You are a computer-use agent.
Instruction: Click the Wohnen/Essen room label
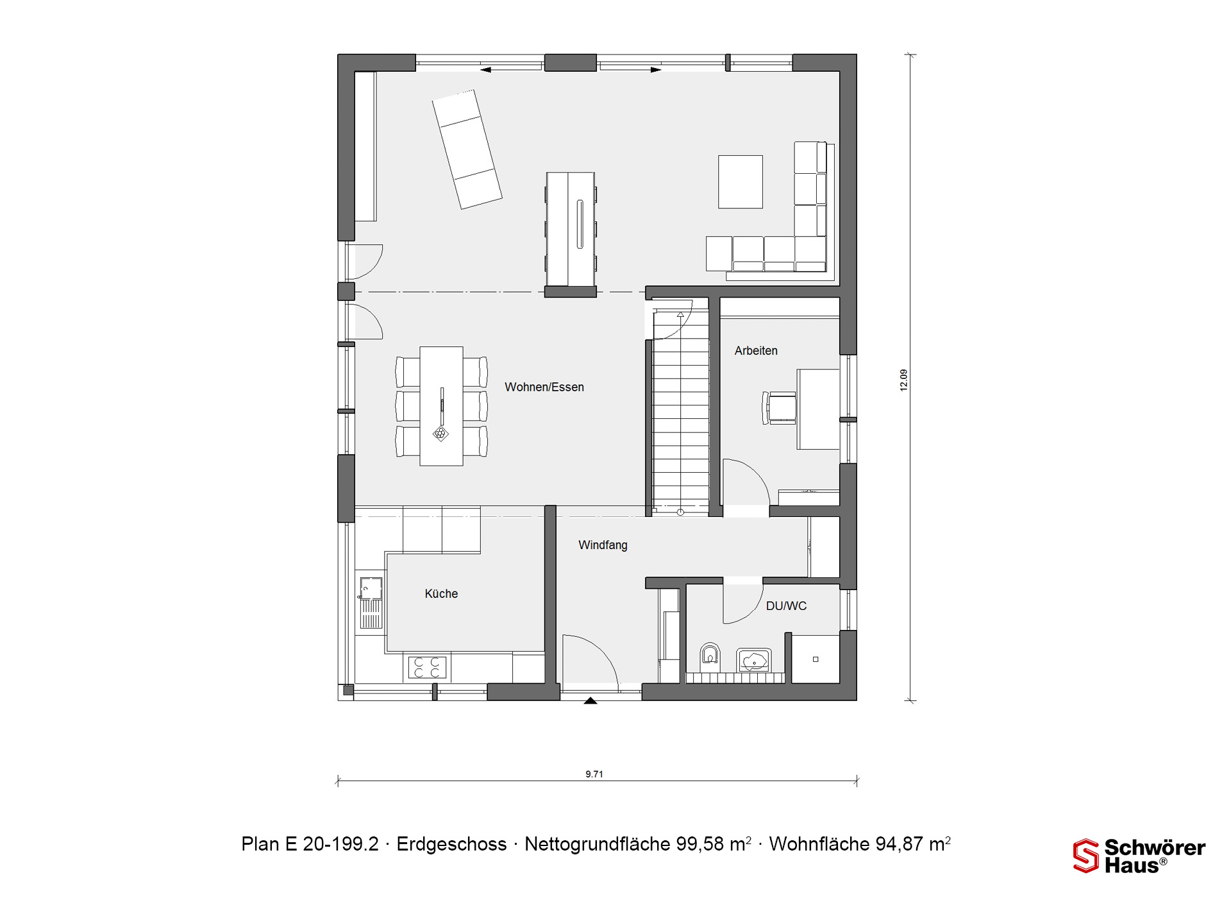(x=544, y=387)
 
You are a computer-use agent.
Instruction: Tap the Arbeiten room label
(x=756, y=351)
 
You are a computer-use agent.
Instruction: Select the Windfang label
(x=603, y=545)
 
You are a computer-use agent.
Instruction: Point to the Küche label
(x=441, y=594)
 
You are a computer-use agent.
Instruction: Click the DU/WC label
(x=786, y=606)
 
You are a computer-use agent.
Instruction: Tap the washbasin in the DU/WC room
(x=754, y=660)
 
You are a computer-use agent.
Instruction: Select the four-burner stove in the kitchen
(x=427, y=667)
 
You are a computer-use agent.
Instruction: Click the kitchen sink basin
(x=371, y=588)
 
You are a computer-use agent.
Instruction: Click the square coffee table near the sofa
(x=741, y=182)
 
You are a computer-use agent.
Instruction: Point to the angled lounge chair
(x=467, y=149)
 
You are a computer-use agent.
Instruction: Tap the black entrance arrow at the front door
(x=590, y=700)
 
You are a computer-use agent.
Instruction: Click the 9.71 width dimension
(x=594, y=774)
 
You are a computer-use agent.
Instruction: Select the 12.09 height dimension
(x=903, y=380)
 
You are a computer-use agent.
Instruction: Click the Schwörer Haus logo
(x=1139, y=856)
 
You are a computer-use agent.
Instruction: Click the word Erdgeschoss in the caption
(x=451, y=844)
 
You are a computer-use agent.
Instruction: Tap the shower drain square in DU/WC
(x=816, y=659)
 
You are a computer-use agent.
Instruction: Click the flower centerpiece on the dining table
(x=440, y=434)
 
